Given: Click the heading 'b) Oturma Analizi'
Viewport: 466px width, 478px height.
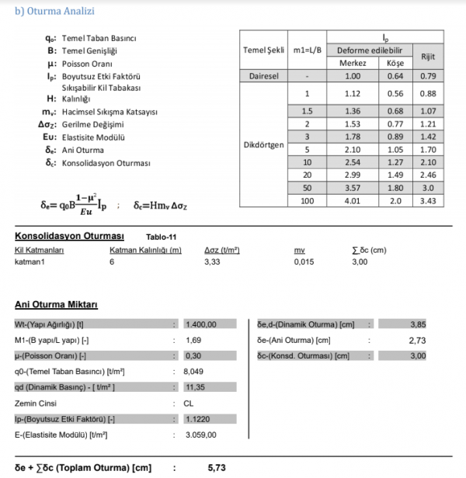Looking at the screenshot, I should tap(50, 10).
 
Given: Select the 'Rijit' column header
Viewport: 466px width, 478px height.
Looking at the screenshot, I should tap(427, 57).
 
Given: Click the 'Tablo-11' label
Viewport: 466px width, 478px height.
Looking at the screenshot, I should tap(162, 237).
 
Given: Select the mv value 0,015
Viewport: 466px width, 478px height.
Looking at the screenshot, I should tap(304, 262).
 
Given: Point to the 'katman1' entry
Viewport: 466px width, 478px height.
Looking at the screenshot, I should tap(30, 262).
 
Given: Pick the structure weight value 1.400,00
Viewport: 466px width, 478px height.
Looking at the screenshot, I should tap(200, 324).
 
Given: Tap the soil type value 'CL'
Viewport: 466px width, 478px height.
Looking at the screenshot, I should tap(190, 403).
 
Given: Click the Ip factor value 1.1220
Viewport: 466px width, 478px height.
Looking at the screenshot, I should tap(197, 419).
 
